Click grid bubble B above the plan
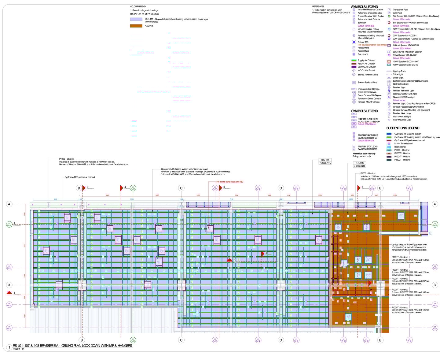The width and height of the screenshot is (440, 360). coord(79,188)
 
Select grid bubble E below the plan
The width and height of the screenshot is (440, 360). coord(380,340)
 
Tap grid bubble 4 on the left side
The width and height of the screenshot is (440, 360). coord(9,204)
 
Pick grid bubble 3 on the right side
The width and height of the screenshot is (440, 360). coord(435,285)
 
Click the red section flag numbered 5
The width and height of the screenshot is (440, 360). coord(220,188)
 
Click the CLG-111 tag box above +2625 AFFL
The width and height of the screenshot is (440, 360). coord(324,160)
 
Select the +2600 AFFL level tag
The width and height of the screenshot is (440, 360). coord(360,166)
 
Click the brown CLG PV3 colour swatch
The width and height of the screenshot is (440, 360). coord(136,26)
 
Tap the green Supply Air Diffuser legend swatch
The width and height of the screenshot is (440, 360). coord(354,60)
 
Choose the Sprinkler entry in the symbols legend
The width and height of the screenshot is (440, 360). coord(362,23)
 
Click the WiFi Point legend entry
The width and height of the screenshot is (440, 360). coord(397,13)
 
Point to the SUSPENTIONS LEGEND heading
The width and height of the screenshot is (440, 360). coord(403,128)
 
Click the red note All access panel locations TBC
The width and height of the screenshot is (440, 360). coord(230,182)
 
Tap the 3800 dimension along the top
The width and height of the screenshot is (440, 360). coord(107,195)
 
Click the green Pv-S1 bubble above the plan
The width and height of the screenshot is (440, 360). coord(133,188)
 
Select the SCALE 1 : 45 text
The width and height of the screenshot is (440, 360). coord(19,349)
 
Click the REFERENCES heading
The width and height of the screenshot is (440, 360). coord(318,6)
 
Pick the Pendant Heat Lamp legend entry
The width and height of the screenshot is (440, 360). coord(402,113)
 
